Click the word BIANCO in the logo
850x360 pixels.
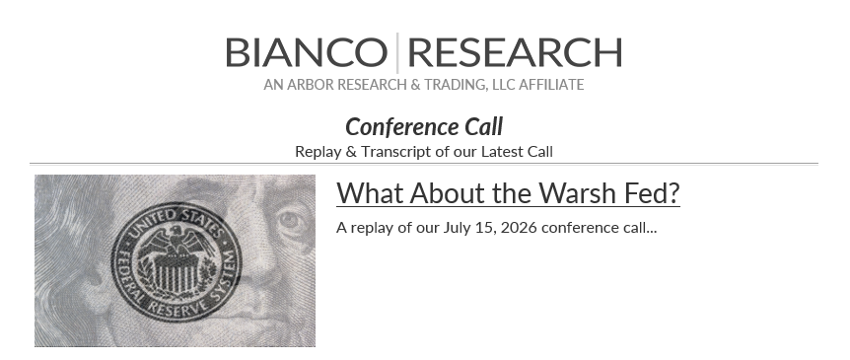click(307, 52)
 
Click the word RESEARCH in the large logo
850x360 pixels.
click(515, 52)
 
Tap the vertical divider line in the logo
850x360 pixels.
click(397, 52)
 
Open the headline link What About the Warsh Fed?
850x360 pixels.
click(508, 193)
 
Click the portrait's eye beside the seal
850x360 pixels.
click(289, 220)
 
